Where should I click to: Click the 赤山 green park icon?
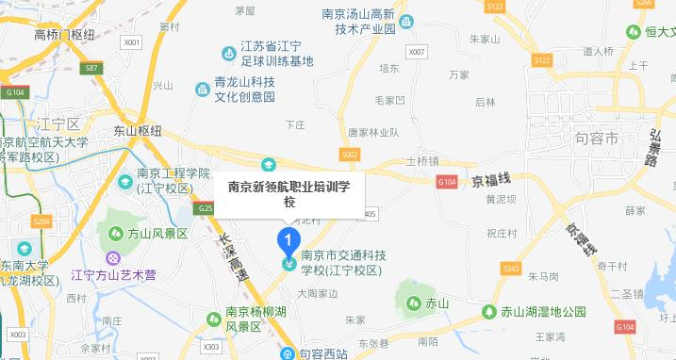point(414,303)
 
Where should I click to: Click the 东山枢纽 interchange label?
point(138,130)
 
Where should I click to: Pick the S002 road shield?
point(350,153)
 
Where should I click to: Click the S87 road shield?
point(91,69)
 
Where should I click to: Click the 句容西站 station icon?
point(290,354)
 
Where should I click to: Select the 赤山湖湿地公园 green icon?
point(489,311)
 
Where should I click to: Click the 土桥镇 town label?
point(422,160)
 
